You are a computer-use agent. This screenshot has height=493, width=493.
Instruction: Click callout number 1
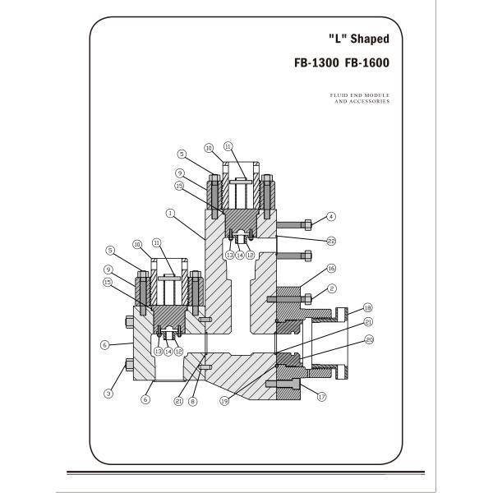point(170,212)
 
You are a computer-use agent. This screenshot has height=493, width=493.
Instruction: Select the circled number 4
point(331,217)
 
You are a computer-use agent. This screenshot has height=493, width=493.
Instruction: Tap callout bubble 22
point(331,241)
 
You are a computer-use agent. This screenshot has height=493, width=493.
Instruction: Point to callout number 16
point(331,269)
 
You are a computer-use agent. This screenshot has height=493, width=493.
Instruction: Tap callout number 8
point(193,402)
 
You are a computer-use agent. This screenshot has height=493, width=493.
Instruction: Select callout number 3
point(108,394)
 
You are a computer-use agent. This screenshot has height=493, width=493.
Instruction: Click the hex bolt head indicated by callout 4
point(306,223)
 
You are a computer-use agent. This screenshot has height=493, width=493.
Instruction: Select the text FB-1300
point(317,62)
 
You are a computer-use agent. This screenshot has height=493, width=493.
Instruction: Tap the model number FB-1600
point(366,62)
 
